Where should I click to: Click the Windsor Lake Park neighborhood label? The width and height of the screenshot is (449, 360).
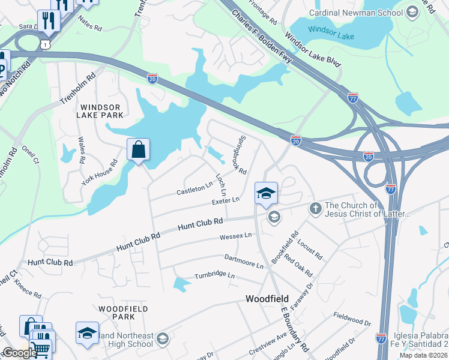(101, 110)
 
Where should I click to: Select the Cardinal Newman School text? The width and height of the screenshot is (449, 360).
(356, 12)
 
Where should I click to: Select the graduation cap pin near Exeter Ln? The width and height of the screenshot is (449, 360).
(266, 193)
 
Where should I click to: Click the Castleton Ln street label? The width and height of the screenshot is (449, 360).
(194, 189)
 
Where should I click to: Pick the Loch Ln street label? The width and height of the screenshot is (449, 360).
(220, 185)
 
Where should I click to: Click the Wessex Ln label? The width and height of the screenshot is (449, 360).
(236, 236)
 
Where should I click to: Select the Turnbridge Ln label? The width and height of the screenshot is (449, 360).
(214, 276)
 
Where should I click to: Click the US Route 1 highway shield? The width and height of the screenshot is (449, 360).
(45, 44)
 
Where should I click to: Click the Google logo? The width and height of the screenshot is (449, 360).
(20, 353)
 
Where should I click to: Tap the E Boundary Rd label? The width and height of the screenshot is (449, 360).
(294, 337)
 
